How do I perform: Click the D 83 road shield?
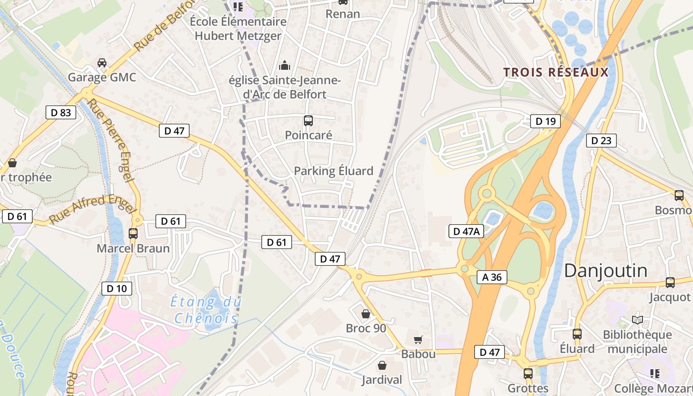(61, 112)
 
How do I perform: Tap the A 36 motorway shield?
(492, 277)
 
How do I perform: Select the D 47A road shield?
(466, 231)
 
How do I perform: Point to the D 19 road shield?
(545, 121)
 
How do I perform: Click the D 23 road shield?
(601, 141)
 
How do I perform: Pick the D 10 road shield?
(117, 289)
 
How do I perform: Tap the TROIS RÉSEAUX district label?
(556, 72)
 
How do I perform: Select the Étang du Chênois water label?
(205, 309)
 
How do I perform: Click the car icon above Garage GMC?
(102, 63)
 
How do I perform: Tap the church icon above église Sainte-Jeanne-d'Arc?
(285, 65)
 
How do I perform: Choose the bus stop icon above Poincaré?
(308, 120)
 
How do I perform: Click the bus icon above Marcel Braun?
(133, 233)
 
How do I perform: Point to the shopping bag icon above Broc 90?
(366, 314)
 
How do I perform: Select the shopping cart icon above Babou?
(418, 340)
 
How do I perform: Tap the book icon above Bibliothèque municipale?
(638, 320)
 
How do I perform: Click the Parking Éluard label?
(334, 171)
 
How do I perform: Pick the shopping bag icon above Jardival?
(382, 365)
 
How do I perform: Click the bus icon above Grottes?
(528, 373)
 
